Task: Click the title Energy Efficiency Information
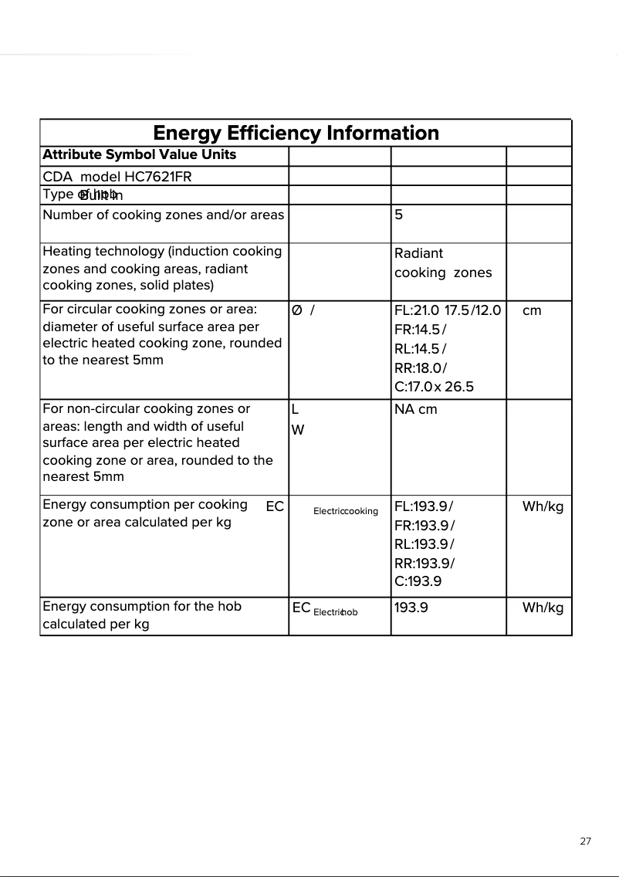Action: [x=296, y=133]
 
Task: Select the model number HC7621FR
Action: [x=157, y=176]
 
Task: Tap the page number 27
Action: [x=585, y=841]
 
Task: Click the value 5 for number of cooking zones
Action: [x=398, y=215]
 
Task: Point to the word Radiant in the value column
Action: [x=418, y=253]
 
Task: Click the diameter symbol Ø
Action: [x=297, y=310]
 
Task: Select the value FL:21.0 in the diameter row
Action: [x=416, y=310]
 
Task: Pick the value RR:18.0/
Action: [x=420, y=368]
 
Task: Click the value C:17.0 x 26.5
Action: [x=434, y=387]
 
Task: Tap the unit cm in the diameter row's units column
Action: [x=532, y=310]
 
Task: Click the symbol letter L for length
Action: [x=295, y=409]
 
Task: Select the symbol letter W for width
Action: [x=297, y=430]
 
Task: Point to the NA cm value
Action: [x=415, y=409]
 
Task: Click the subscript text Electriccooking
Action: [x=345, y=511]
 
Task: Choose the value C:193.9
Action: [x=418, y=581]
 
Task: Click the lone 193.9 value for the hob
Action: [x=411, y=608]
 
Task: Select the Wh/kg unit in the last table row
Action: [x=543, y=608]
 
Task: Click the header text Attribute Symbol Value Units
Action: [x=139, y=154]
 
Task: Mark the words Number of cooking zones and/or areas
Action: [x=163, y=215]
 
